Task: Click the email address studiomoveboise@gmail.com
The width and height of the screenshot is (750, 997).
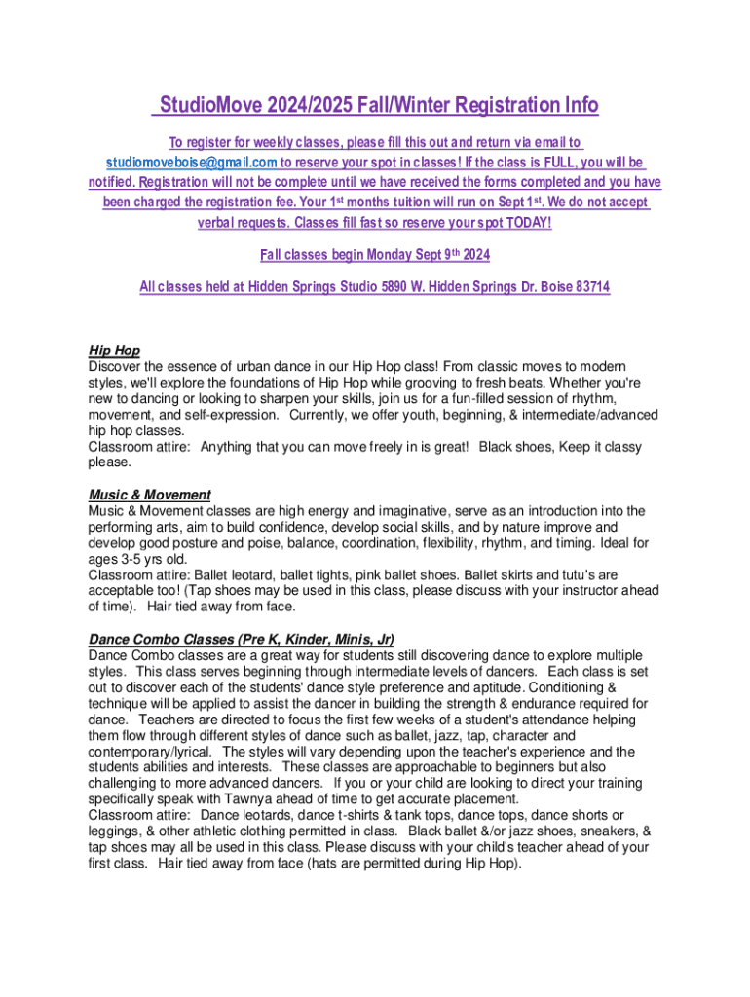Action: tap(191, 163)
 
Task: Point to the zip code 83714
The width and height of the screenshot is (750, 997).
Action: tap(587, 288)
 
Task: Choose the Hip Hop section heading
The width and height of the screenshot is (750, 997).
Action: tap(114, 351)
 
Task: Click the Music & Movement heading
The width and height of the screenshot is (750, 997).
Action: tap(149, 495)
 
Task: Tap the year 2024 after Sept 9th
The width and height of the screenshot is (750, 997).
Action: tap(474, 255)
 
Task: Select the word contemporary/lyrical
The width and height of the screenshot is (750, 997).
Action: tap(147, 752)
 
